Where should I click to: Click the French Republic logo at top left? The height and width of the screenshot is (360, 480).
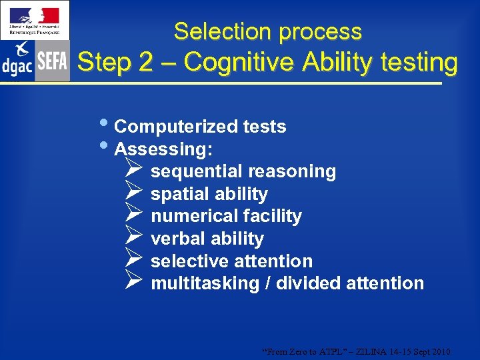(x=34, y=21)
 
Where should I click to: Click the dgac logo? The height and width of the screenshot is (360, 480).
(x=17, y=60)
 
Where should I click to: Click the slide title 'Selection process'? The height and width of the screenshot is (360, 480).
(x=267, y=31)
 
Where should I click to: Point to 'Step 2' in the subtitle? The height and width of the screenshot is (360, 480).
(x=114, y=62)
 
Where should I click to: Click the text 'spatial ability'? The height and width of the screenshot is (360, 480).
(x=209, y=194)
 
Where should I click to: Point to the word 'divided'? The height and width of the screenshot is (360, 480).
(x=309, y=283)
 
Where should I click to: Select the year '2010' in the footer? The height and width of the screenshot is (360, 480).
(x=440, y=351)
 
